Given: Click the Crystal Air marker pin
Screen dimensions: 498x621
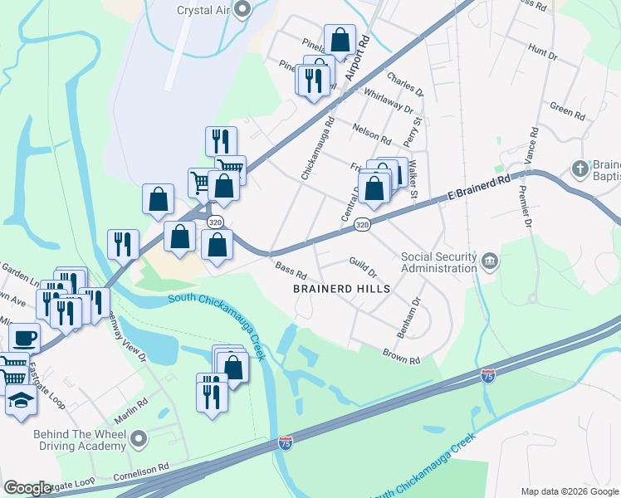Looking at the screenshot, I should tap(242, 10).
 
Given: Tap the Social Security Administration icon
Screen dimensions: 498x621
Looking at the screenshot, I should tap(490, 262).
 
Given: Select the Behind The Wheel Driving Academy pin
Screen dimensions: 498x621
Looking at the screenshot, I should tap(139, 437).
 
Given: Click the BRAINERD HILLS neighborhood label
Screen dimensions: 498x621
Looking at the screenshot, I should tap(341, 289).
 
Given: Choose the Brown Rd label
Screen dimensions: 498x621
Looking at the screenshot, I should tap(402, 356).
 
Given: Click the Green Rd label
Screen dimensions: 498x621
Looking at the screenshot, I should tap(568, 109).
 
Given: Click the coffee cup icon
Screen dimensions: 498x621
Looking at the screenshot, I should tap(24, 338).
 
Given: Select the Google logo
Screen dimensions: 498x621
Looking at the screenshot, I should tap(27, 488).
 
